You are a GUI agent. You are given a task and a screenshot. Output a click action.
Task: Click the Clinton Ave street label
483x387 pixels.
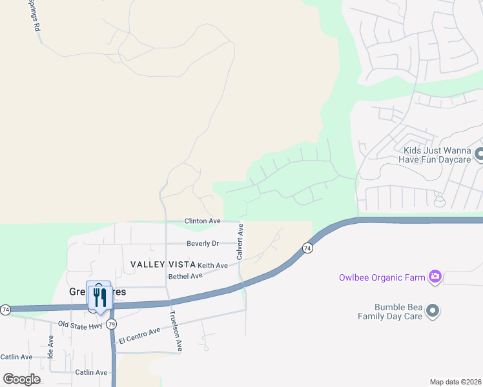point(202,221)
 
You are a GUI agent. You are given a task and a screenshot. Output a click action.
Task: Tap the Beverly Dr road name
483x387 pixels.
point(203,244)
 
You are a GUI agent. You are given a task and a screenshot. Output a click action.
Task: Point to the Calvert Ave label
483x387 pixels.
point(240,242)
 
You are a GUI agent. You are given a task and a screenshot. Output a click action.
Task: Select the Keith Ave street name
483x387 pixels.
point(212,266)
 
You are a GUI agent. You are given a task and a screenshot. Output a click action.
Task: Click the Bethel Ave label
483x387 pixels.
point(185,276)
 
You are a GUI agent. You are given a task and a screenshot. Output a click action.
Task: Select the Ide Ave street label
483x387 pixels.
point(51,346)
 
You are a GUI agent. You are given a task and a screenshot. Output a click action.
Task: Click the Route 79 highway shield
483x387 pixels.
point(111,324)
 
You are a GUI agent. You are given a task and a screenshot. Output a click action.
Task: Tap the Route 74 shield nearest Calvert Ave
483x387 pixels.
point(307,248)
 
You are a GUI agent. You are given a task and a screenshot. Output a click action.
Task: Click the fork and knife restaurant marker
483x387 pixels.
point(99,297)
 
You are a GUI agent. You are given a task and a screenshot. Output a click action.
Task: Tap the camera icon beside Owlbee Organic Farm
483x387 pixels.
point(435,277)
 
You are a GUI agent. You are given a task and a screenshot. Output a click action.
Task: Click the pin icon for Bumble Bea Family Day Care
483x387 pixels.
point(433,312)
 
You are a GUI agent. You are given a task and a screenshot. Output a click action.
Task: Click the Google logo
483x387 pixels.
point(21,379)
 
